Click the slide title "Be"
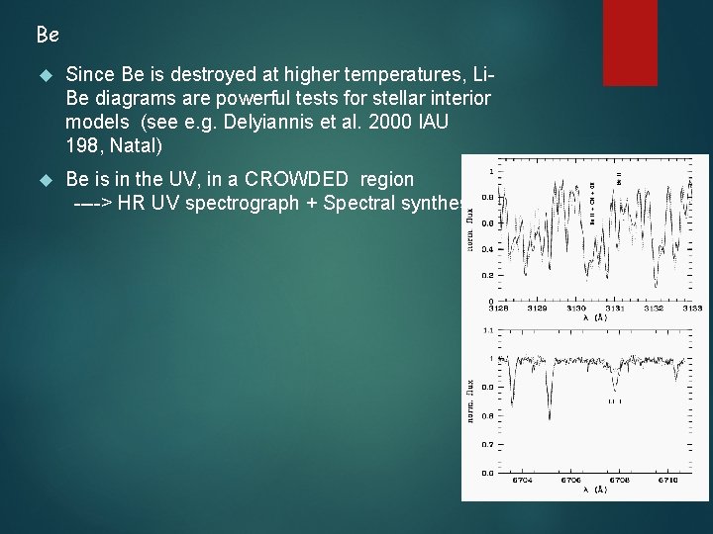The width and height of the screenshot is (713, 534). click(48, 36)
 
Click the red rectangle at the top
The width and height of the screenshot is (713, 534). click(630, 42)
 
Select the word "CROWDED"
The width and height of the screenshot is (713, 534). click(298, 179)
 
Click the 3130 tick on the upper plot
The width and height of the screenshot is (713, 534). click(575, 309)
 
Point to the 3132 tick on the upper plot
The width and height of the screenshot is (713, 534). click(655, 309)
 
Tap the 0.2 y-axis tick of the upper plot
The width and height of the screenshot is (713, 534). click(488, 276)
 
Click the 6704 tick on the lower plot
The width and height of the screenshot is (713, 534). click(522, 481)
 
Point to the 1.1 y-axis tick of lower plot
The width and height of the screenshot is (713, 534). click(487, 329)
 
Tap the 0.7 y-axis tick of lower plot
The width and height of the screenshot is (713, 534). click(487, 445)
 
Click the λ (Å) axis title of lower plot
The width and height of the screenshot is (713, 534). click(594, 490)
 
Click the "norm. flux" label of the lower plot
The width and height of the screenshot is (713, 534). click(471, 400)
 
